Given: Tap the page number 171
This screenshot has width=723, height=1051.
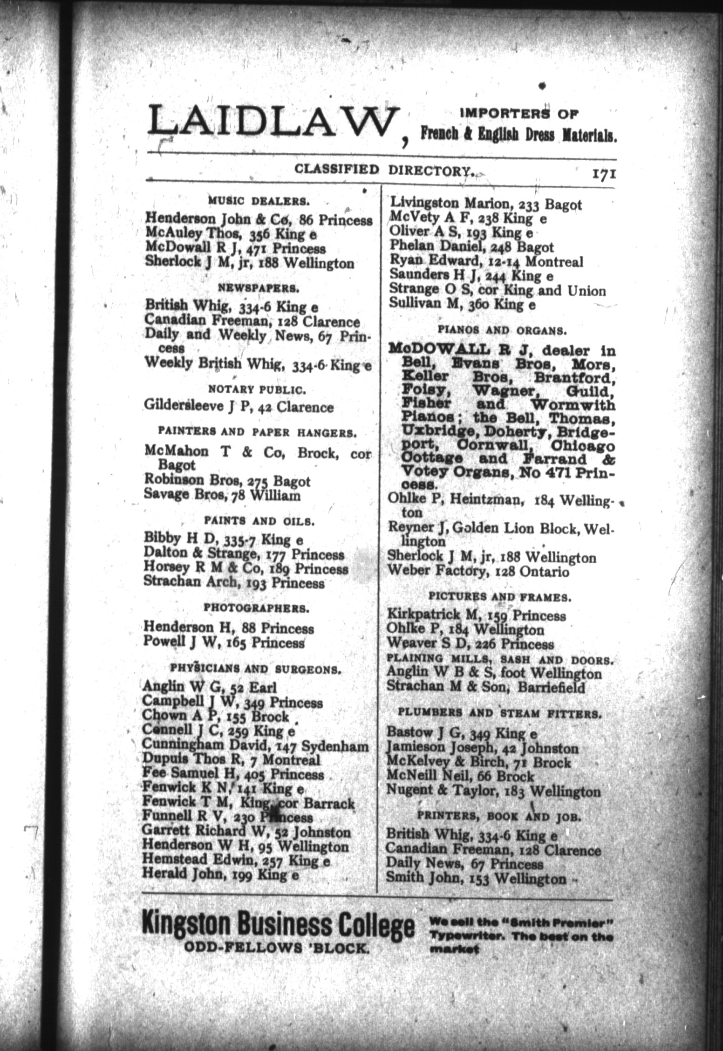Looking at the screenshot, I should (604, 173).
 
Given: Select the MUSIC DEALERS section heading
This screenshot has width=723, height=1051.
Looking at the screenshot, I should (259, 201).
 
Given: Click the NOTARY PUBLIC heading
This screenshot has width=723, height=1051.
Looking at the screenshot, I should (257, 388).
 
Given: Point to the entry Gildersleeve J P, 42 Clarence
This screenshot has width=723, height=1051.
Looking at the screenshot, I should (239, 407).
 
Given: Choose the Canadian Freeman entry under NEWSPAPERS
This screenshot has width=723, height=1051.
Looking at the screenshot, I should (252, 321).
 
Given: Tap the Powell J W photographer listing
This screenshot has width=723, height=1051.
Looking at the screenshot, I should (224, 643).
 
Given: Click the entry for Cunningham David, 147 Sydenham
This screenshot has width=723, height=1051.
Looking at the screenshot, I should (255, 746).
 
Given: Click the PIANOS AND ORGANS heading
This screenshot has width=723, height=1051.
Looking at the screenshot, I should (502, 331).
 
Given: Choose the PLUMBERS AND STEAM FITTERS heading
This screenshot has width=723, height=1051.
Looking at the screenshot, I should (499, 713).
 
